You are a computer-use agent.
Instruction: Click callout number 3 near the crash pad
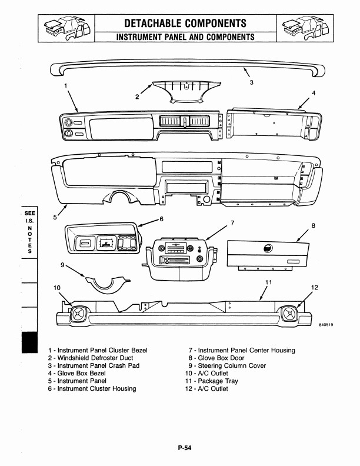pos(251,82)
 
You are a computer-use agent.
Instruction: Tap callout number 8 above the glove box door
pos(314,225)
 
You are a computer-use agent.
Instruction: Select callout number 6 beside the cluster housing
pos(162,219)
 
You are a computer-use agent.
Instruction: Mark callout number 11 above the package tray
pos(268,282)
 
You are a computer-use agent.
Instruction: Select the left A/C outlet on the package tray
pos(78,314)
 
